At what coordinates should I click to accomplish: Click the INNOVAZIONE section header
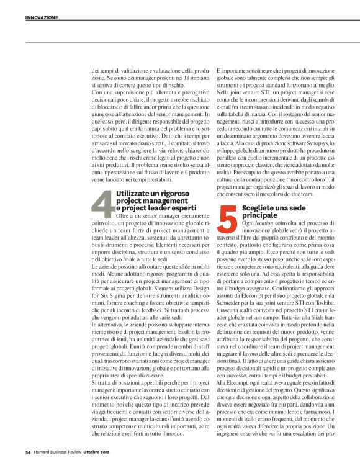pos(42,18)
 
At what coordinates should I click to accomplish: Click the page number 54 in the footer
pos(29,451)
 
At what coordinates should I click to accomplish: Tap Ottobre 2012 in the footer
pos(97,451)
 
